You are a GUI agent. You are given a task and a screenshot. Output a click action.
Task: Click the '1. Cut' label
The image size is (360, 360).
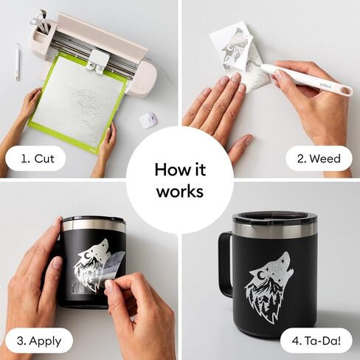pyautogui.click(x=38, y=159)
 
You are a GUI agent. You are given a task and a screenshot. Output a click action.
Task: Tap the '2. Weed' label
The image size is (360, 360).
pyautogui.click(x=319, y=159)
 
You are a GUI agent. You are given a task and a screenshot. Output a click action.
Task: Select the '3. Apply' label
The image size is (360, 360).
pyautogui.click(x=39, y=342)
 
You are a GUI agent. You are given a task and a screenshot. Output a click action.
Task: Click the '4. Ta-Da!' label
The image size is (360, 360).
pyautogui.click(x=316, y=341)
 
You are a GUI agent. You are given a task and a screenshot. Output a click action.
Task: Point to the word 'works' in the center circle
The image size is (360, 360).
pyautogui.click(x=180, y=191)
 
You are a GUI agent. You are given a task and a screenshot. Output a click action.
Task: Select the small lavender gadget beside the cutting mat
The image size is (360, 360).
pyautogui.click(x=148, y=120)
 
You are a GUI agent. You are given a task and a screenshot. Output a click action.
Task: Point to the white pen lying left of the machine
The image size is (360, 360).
pyautogui.click(x=18, y=62)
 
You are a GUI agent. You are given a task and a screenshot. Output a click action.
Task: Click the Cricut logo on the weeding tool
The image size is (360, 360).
pyautogui.click(x=326, y=86)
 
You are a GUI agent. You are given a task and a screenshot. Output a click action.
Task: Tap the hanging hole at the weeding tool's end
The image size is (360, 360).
pyautogui.click(x=346, y=91)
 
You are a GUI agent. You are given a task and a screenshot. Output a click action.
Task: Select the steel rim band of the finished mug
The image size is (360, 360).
pyautogui.click(x=274, y=230)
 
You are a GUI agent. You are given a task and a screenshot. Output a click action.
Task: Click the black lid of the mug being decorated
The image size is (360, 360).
pyautogui.click(x=94, y=218)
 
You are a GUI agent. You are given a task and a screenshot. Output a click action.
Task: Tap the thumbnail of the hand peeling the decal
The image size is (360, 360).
pyautogui.click(x=109, y=285)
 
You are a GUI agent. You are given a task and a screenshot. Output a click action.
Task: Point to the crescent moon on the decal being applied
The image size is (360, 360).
pyautogui.click(x=87, y=256)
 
